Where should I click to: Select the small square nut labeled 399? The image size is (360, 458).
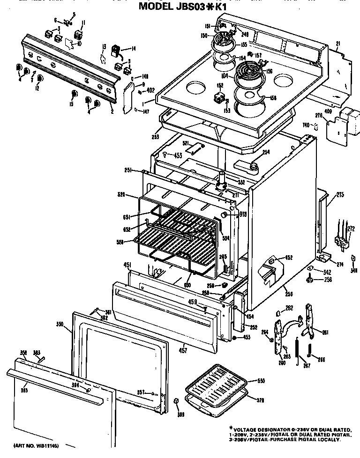pos(175,402)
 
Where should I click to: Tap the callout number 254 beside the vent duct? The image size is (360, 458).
pos(265,152)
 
